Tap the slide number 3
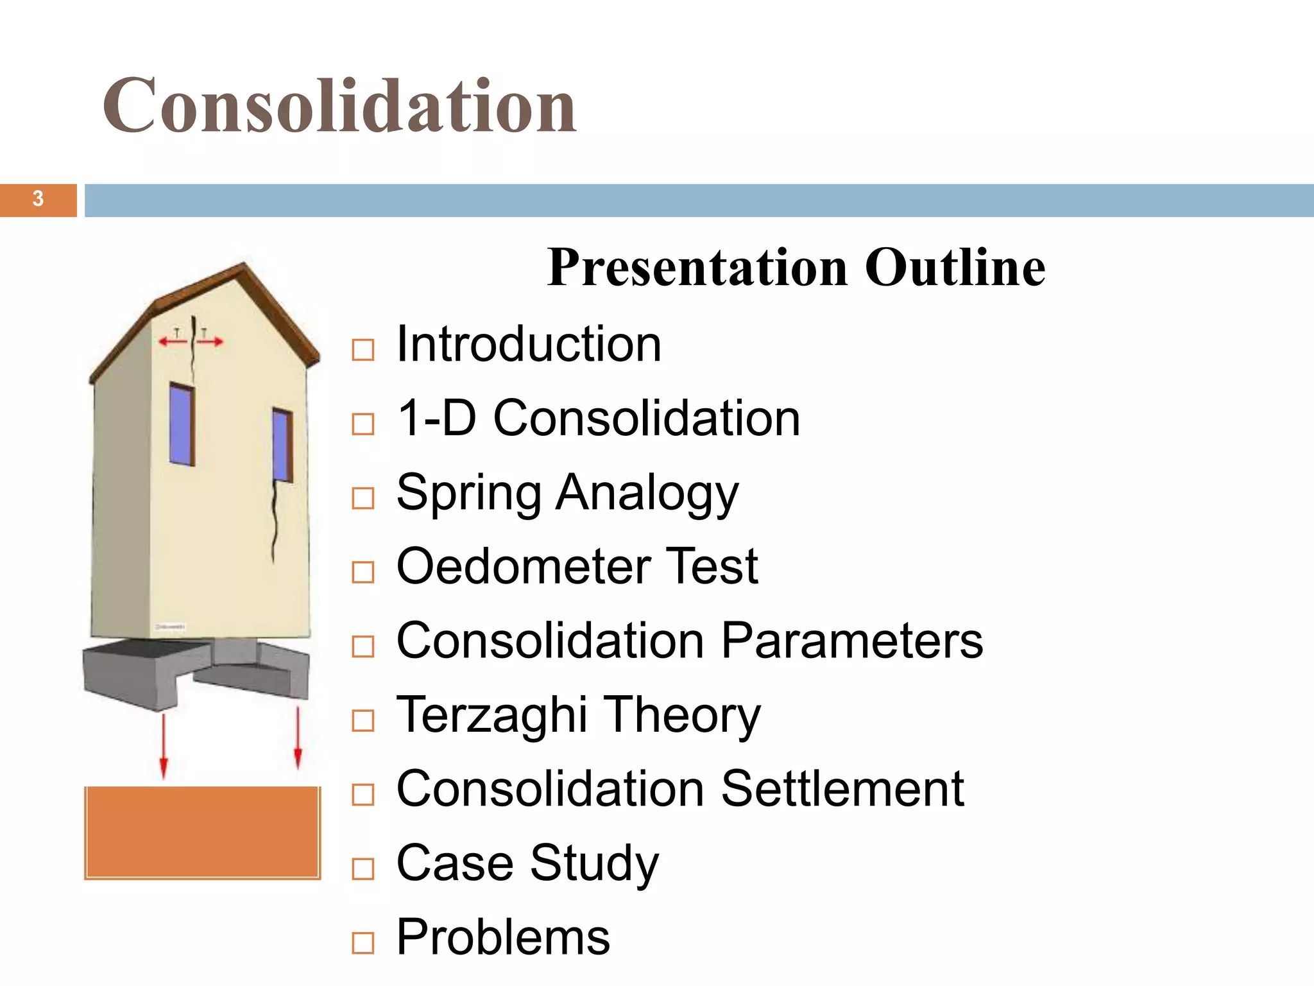pyautogui.click(x=38, y=200)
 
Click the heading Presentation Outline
pyautogui.click(x=796, y=268)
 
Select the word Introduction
pyautogui.click(x=528, y=345)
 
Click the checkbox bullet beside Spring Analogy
pyautogui.click(x=363, y=498)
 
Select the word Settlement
pyautogui.click(x=842, y=789)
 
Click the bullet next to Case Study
pyautogui.click(x=363, y=869)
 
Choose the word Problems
pyautogui.click(x=503, y=938)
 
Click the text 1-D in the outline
pyautogui.click(x=436, y=419)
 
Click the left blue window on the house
pyautogui.click(x=182, y=424)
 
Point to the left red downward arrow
pyautogui.click(x=164, y=745)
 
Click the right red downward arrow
pyautogui.click(x=298, y=738)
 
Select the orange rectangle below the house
pyautogui.click(x=202, y=832)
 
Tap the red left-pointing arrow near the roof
pyautogui.click(x=172, y=342)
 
